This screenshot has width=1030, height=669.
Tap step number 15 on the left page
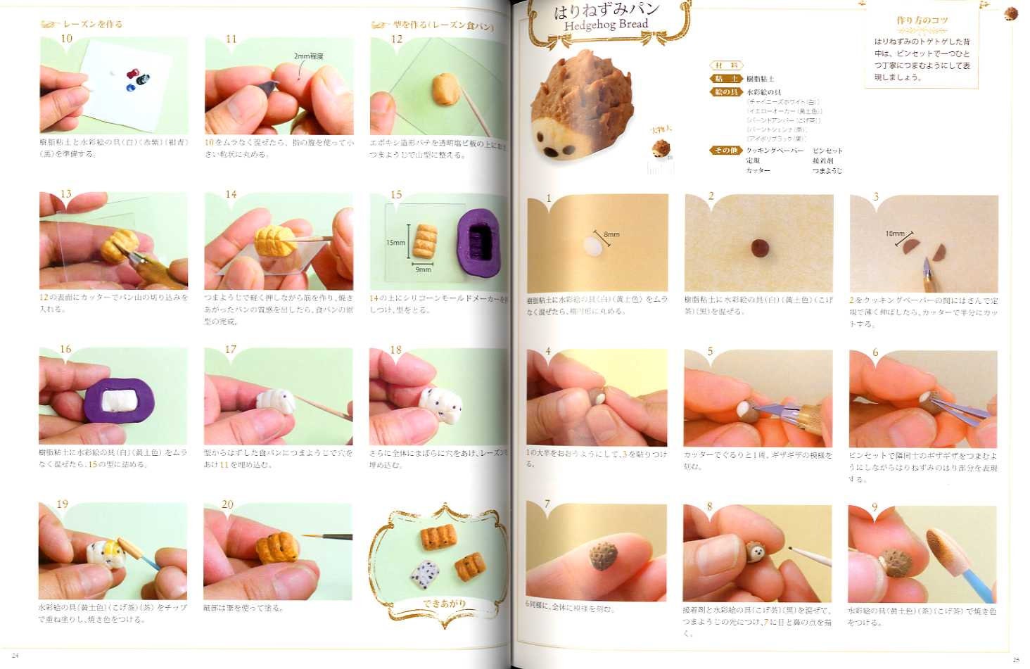pos(396,195)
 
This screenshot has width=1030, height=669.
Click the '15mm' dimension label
pos(395,243)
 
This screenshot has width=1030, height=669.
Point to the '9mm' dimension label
pos(423,269)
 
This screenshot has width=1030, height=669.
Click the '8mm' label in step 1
pos(611,234)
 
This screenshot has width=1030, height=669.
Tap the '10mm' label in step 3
pos(895,233)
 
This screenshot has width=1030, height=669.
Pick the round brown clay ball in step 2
pos(759,248)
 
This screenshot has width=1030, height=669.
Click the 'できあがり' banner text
pos(443,604)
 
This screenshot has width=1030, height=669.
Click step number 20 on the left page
pos(227,504)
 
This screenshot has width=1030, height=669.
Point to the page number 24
pos(15,656)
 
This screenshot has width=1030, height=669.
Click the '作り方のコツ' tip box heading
pos(922,21)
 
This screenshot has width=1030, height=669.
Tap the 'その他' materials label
pos(725,151)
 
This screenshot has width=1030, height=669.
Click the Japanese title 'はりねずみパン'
pos(606,10)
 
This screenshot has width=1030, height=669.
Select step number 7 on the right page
pos(547,504)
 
